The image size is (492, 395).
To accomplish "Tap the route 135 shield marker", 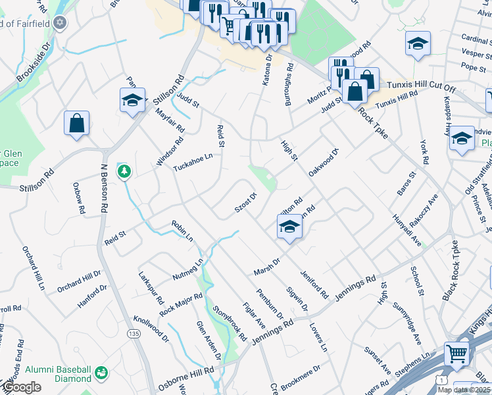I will [x=134, y=334].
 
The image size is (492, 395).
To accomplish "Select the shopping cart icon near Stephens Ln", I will [x=457, y=355].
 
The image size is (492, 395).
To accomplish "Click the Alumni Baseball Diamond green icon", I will [x=101, y=373].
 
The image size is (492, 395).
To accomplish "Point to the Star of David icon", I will [x=60, y=24].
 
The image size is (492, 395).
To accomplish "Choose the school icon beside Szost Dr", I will [x=287, y=227].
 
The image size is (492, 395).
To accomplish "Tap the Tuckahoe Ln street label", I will [x=193, y=162].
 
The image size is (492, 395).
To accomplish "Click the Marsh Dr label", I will [x=267, y=267].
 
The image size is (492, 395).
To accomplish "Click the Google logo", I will [x=22, y=388].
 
